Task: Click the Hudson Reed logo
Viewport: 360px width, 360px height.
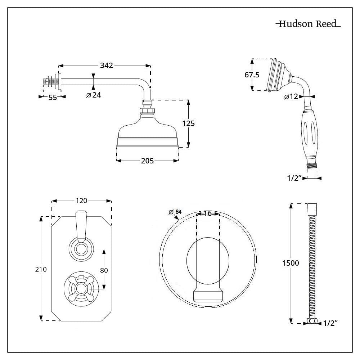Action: [308, 24]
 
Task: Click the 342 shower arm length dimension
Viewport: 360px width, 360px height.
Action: [107, 66]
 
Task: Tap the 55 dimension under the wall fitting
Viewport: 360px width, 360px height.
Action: [53, 98]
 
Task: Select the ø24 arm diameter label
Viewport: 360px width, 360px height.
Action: [94, 95]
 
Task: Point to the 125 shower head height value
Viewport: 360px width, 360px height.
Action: [188, 123]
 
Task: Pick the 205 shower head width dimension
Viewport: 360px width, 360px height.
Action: [147, 161]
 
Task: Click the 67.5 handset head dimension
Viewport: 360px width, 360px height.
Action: [252, 75]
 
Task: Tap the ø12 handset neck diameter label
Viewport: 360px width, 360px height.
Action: [291, 96]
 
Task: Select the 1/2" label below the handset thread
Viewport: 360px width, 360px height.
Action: [294, 178]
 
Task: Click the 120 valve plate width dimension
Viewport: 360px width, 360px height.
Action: [82, 201]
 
